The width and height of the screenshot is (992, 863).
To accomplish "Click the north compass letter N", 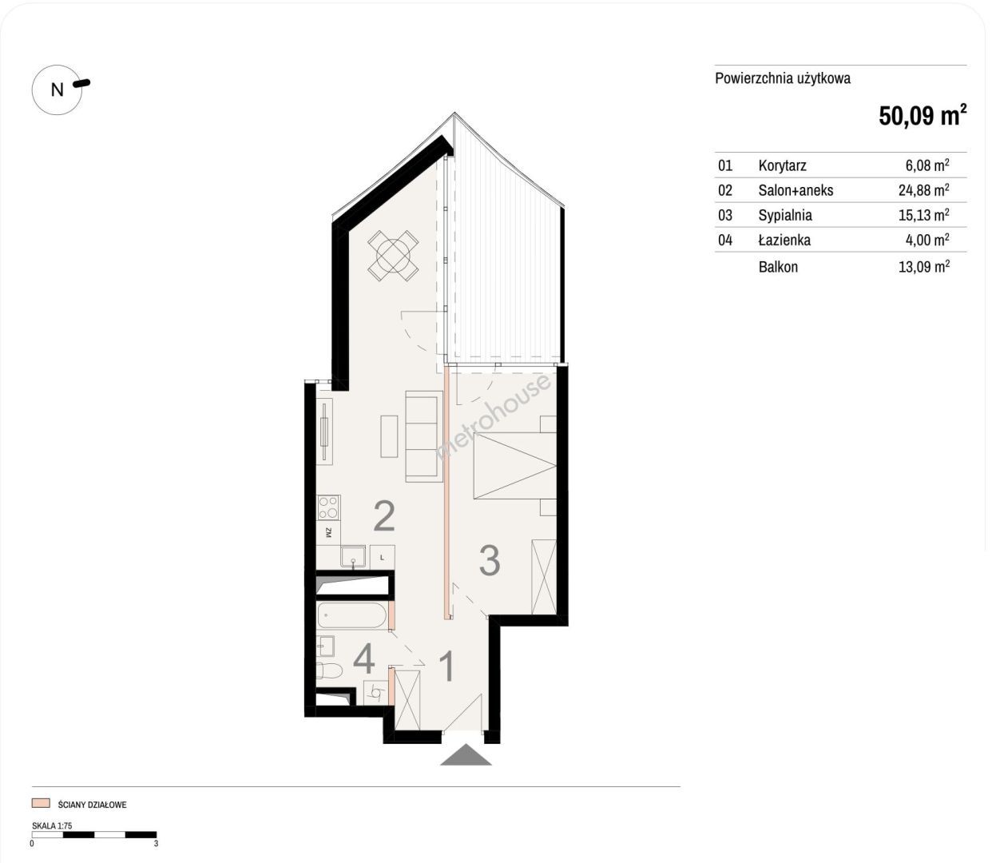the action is [58, 89].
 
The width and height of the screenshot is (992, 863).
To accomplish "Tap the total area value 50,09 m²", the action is [923, 115].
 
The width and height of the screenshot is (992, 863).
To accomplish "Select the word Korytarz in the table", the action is [782, 165].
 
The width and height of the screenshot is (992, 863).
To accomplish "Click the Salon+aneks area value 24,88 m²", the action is [923, 189].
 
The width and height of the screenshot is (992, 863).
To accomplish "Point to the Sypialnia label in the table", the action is [785, 215].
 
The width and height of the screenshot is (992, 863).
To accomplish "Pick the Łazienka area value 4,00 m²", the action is [927, 239].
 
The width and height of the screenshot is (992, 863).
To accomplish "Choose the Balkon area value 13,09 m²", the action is [923, 266].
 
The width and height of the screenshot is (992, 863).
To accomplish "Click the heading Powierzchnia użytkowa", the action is [783, 78].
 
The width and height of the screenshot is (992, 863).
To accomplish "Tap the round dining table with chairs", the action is [393, 256].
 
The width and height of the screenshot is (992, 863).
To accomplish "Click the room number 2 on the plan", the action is [384, 517].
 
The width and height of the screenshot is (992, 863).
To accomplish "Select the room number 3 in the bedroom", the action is [490, 560].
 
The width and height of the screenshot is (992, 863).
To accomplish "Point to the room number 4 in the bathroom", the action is [363, 660].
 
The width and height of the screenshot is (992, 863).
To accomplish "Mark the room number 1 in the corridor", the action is [446, 666].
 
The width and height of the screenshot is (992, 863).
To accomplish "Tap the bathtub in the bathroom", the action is [352, 616].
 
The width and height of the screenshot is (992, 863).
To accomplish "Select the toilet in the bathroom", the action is [329, 671].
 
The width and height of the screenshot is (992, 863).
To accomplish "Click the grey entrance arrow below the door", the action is [466, 754].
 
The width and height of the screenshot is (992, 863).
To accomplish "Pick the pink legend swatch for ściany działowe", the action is [41, 803].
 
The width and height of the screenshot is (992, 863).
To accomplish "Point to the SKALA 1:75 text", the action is [52, 825].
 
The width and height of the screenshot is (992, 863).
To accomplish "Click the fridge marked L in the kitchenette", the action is [382, 558].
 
